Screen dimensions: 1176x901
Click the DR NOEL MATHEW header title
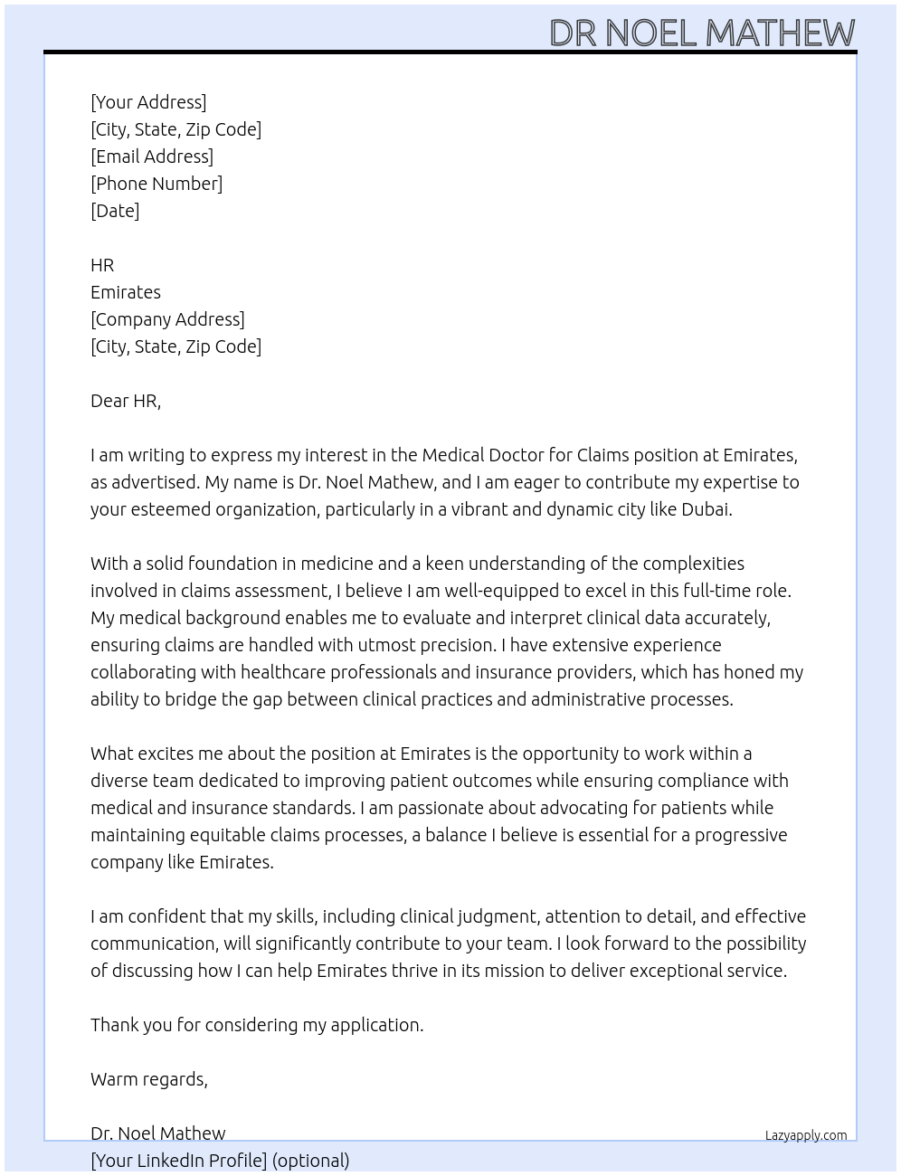[701, 33]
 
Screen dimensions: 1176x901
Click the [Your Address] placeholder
[148, 102]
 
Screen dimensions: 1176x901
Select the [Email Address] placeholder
[152, 156]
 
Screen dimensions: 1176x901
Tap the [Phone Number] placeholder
[156, 184]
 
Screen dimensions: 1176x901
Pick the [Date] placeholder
[115, 211]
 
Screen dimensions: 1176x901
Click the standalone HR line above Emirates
[102, 265]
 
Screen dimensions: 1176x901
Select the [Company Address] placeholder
[167, 319]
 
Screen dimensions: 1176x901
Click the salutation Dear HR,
[126, 401]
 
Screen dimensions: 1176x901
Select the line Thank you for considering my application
[257, 1025]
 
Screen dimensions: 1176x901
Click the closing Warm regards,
[149, 1079]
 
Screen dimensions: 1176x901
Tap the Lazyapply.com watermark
[806, 1135]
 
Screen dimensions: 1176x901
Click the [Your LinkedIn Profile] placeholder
[179, 1161]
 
